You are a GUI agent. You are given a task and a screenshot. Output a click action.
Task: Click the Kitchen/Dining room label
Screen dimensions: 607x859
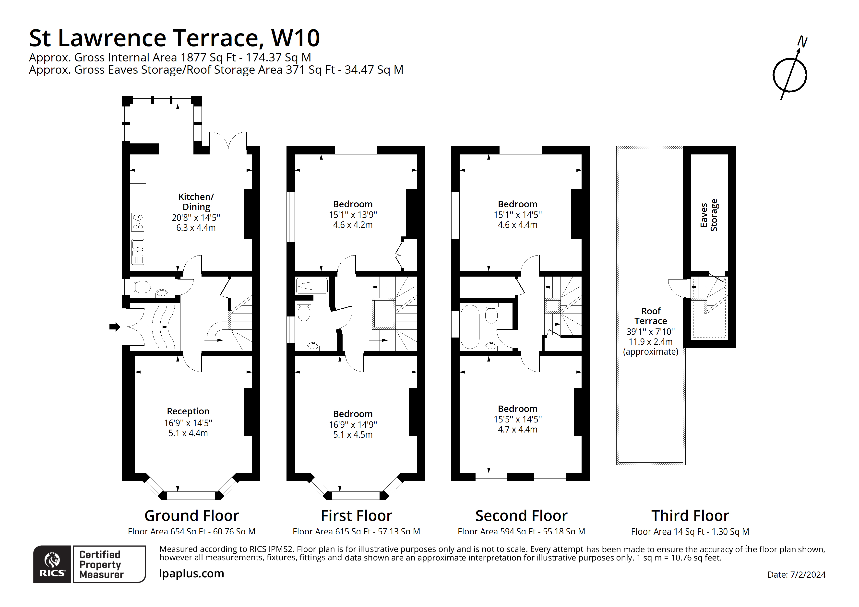(x=196, y=202)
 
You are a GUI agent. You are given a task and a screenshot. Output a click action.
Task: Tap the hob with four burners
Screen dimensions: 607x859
(x=138, y=222)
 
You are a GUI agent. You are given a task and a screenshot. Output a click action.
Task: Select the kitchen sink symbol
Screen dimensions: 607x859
(x=138, y=252)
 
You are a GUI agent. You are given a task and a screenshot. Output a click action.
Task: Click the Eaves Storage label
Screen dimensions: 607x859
(x=709, y=215)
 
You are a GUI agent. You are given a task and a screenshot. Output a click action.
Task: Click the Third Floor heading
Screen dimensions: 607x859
(x=690, y=516)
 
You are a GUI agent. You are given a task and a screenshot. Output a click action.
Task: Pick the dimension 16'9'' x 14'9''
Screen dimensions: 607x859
(x=353, y=424)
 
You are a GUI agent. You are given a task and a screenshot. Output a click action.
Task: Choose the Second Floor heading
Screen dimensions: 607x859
(x=521, y=516)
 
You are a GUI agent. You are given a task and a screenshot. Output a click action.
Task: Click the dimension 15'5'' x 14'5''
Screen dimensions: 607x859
(x=517, y=419)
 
